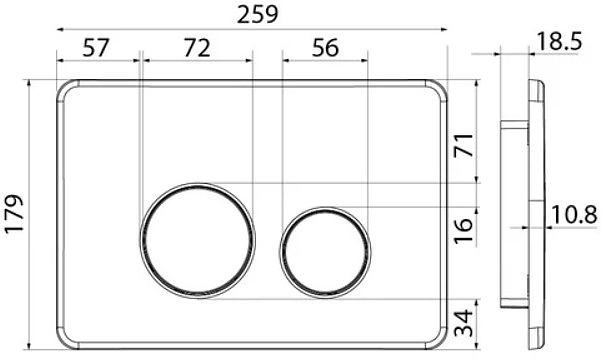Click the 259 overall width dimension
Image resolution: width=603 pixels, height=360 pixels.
click(x=257, y=15)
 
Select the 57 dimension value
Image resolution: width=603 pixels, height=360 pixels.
click(x=96, y=48)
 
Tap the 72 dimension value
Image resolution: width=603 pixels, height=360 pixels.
click(x=197, y=48)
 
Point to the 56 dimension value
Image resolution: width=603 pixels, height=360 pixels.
click(x=325, y=48)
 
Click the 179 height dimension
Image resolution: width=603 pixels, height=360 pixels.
click(x=14, y=214)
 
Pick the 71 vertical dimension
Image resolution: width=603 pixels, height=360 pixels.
click(x=463, y=145)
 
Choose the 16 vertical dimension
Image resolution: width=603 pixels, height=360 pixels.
click(x=463, y=231)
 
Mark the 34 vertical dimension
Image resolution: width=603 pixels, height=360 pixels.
click(x=463, y=323)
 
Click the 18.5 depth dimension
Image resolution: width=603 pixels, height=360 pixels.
click(x=559, y=41)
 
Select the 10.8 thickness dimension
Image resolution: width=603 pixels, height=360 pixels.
click(x=574, y=214)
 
